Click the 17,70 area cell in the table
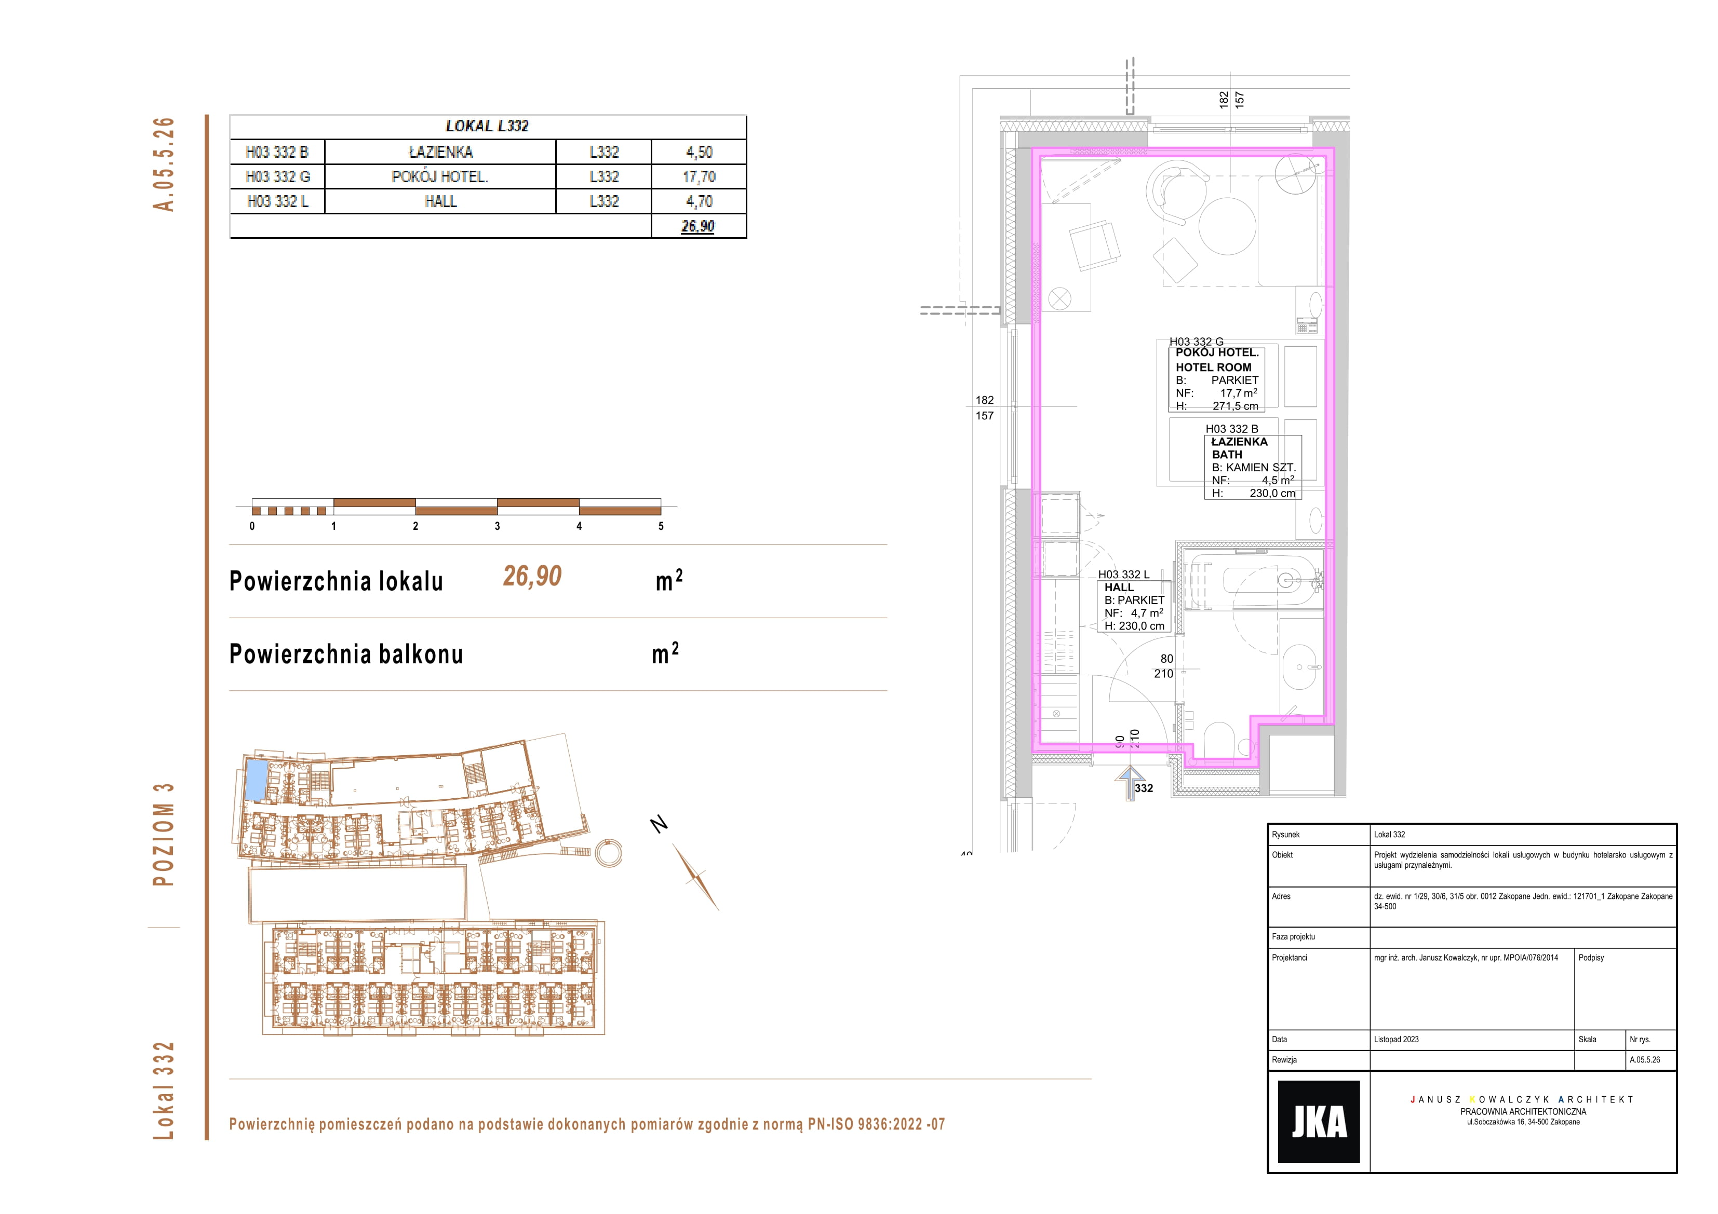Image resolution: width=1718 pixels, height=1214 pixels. pos(699,176)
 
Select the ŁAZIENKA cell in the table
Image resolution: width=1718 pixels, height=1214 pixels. pos(441,152)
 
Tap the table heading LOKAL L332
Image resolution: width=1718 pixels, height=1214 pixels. pos(487,126)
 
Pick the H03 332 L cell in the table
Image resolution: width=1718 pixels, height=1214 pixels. pos(278,201)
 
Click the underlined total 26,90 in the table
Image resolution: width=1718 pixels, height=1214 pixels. pos(697,226)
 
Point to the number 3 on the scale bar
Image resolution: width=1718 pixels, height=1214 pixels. pos(497,526)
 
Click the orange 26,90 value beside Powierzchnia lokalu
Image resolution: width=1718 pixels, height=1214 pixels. pos(532,576)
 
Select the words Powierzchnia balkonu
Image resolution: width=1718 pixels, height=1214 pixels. pos(346,654)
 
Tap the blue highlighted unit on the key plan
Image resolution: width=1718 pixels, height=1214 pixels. pos(256,780)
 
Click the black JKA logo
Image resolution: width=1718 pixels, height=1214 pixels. pos(1319,1121)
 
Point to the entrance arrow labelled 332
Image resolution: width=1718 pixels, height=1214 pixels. pos(1130,782)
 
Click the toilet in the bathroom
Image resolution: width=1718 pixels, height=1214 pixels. pos(1219,741)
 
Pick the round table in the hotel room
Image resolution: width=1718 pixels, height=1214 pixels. pos(1227,226)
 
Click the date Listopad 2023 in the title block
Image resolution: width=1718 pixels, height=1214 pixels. pos(1396,1039)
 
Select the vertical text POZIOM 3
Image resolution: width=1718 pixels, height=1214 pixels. pos(163,835)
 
